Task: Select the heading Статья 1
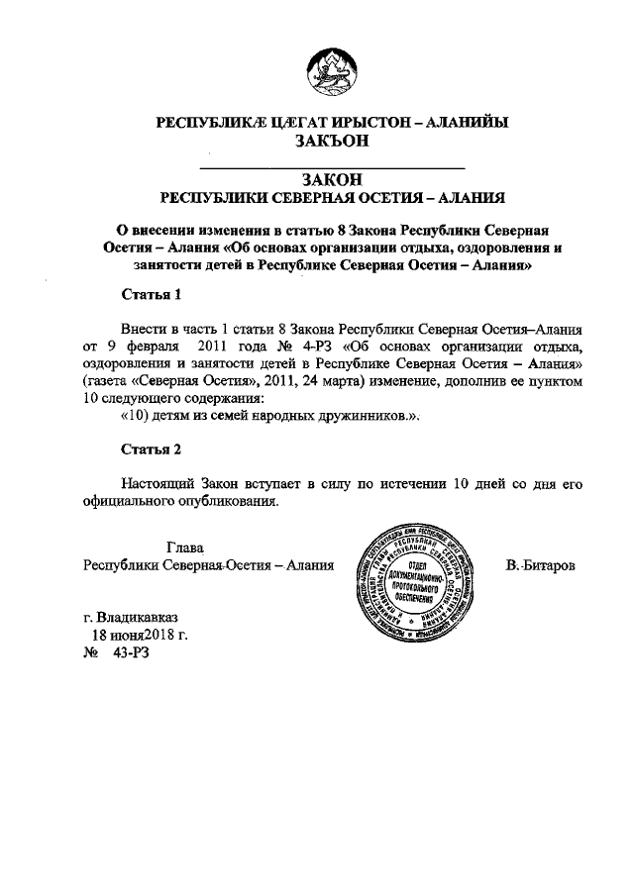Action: click(151, 294)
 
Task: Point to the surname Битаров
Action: click(543, 564)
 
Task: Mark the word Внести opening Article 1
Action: click(145, 330)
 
